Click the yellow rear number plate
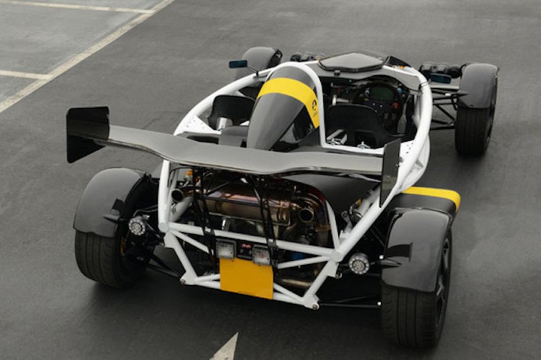click(x=246, y=277)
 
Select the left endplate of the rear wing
click(x=87, y=133)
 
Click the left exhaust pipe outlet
click(x=179, y=195)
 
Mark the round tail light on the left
click(x=138, y=226)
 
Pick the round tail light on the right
click(x=359, y=263)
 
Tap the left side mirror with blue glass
click(x=238, y=64)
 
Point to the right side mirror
click(x=440, y=78)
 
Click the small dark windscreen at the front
click(x=352, y=61)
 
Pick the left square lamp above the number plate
click(x=225, y=250)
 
